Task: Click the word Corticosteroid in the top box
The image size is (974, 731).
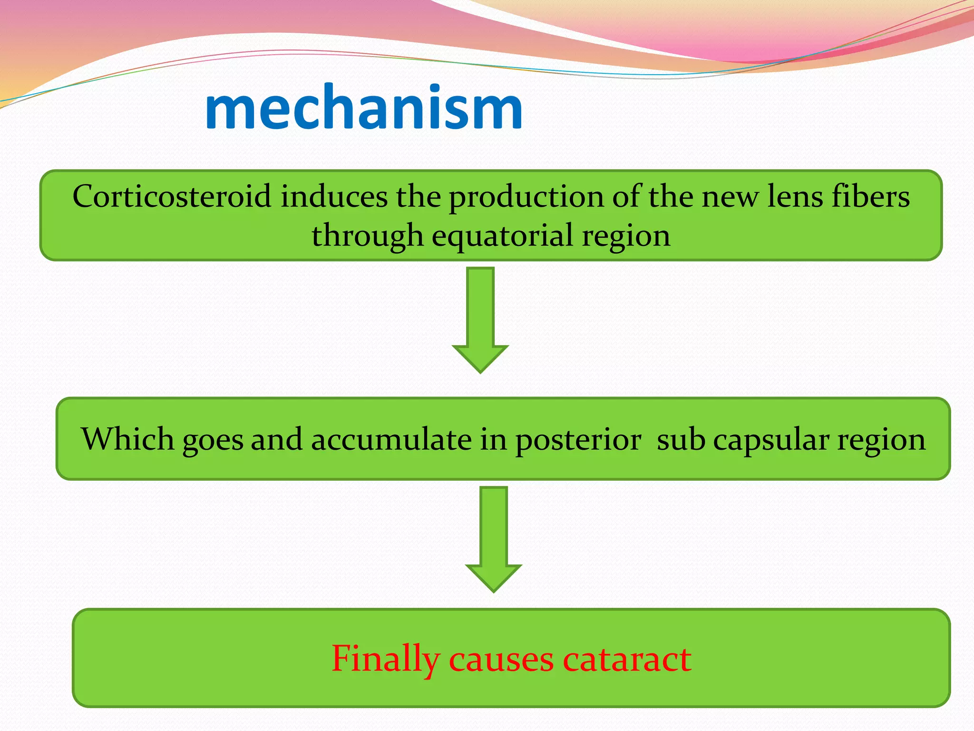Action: pos(172,196)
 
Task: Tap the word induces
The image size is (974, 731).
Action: pos(334,196)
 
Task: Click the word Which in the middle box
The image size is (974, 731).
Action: pos(127,438)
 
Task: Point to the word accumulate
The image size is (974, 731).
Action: pos(391,439)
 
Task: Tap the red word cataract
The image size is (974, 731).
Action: pos(627,659)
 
